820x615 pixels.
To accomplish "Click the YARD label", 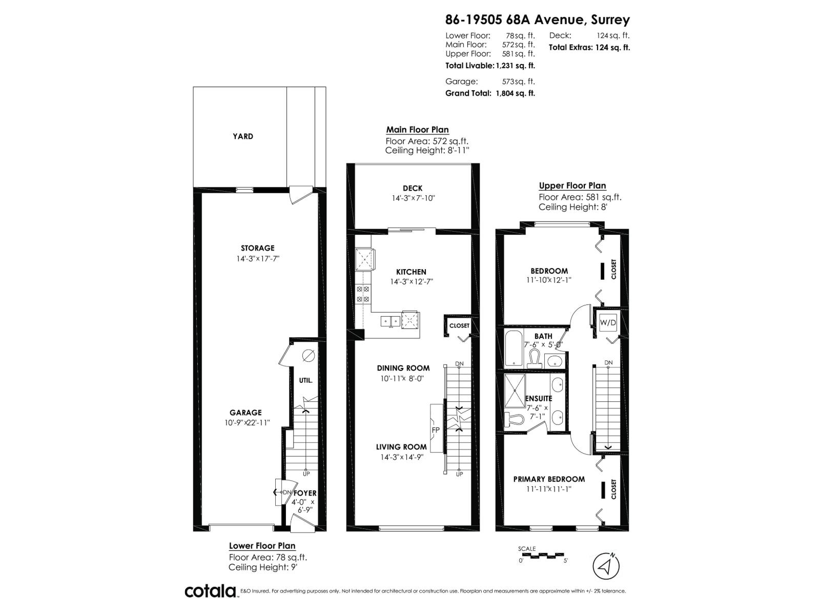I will pyautogui.click(x=243, y=136).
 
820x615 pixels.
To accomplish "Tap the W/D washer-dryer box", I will pyautogui.click(x=608, y=322).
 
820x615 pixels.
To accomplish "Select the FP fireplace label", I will pyautogui.click(x=436, y=429).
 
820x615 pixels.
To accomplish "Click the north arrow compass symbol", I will pyautogui.click(x=606, y=566).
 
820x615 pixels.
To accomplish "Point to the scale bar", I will pyautogui.click(x=541, y=555).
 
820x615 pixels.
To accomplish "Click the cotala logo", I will pyautogui.click(x=211, y=591).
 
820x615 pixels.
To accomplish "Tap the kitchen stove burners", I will pyautogui.click(x=363, y=294).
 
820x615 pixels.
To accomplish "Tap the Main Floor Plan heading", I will pyautogui.click(x=417, y=130).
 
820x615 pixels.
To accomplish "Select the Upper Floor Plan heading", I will pyautogui.click(x=572, y=186).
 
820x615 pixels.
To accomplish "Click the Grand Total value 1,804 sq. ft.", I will pyautogui.click(x=515, y=93).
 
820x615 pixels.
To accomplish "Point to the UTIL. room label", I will pyautogui.click(x=305, y=381).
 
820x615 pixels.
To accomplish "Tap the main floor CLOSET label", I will pyautogui.click(x=459, y=326).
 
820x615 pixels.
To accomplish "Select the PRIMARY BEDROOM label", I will pyautogui.click(x=549, y=479).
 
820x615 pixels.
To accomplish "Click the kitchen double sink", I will pyautogui.click(x=391, y=321).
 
